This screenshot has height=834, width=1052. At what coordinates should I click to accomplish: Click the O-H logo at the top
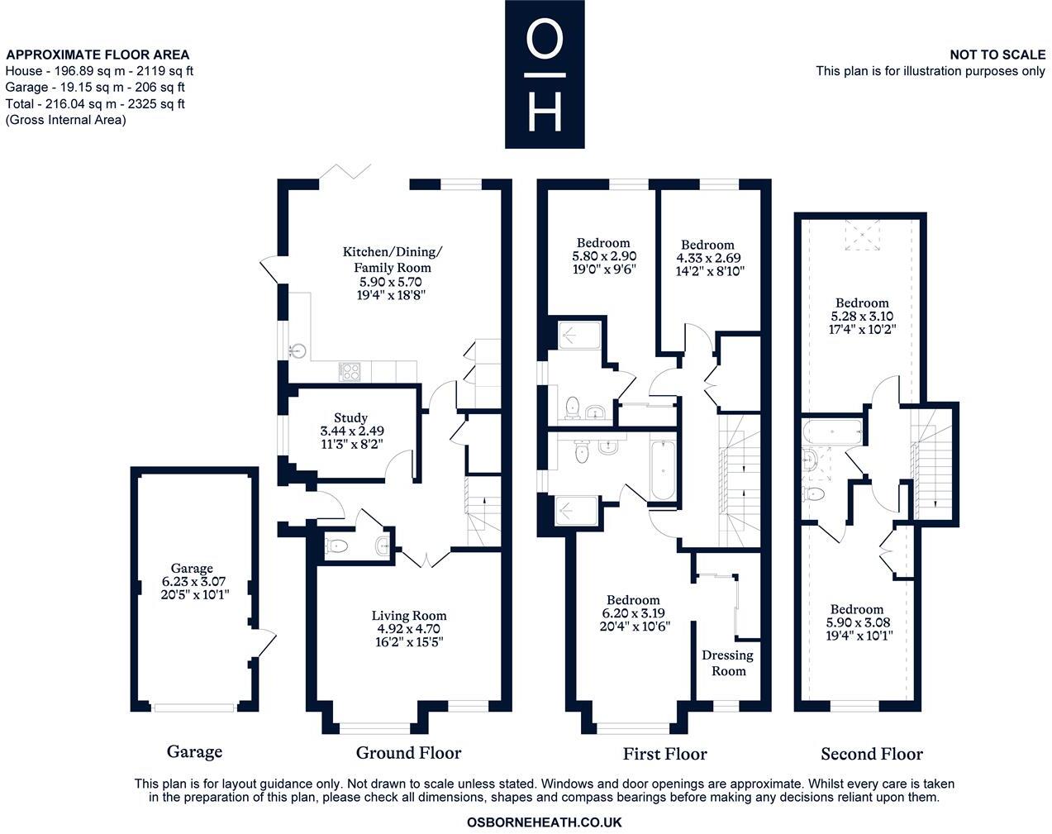[545, 74]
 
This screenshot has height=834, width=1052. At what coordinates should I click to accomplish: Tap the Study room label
[351, 418]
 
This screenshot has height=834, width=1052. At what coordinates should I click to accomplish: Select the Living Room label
[409, 616]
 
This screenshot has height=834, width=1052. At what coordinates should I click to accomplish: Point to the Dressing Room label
[727, 663]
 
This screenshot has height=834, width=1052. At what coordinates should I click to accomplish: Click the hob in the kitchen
[350, 372]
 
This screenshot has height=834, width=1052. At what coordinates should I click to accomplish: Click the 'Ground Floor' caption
[408, 753]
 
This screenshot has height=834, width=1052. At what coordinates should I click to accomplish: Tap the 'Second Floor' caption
[872, 754]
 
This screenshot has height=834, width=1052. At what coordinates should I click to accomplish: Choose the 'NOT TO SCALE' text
[997, 55]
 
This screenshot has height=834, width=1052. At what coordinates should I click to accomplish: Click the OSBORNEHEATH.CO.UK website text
[544, 822]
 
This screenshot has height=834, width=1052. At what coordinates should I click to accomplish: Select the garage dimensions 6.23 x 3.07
[193, 581]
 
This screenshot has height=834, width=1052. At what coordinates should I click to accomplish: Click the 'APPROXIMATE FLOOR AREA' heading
[98, 55]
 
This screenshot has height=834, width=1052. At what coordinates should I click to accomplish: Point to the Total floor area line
[95, 104]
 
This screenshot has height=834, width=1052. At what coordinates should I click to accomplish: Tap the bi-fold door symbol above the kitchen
[345, 172]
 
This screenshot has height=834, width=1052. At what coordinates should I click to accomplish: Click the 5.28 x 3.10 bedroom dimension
[862, 316]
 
